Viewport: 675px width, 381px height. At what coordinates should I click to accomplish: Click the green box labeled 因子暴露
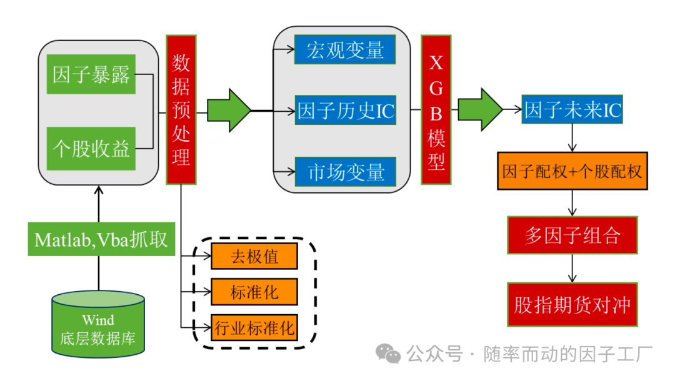91,74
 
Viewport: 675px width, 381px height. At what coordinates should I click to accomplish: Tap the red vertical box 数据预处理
181,109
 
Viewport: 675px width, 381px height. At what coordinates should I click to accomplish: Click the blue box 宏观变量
345,49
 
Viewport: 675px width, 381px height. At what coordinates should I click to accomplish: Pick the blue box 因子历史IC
345,111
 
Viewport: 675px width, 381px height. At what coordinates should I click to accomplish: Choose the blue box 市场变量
345,171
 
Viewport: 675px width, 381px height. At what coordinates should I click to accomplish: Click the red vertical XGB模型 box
436,109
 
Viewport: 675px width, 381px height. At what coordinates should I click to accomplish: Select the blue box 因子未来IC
572,110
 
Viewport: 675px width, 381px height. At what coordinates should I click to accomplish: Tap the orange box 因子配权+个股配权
572,171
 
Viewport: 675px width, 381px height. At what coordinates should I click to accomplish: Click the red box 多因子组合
572,235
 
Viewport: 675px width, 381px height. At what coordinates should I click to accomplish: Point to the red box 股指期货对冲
572,305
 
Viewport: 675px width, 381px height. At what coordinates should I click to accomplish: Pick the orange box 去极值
254,256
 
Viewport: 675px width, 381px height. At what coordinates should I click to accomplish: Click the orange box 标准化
254,292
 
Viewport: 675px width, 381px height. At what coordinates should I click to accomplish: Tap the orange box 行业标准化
254,327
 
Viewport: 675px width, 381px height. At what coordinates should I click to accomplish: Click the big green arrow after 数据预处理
228,111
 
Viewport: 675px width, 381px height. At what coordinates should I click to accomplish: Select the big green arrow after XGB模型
480,109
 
